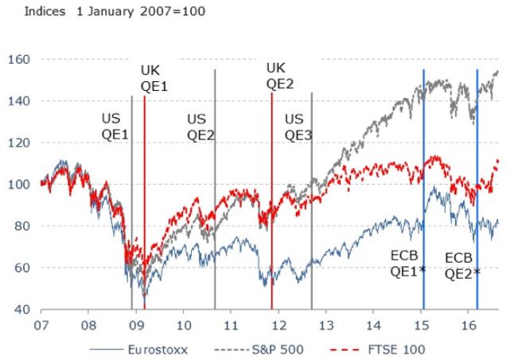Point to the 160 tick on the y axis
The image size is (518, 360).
pyautogui.click(x=19, y=59)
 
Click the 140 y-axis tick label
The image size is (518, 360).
pyautogui.click(x=19, y=101)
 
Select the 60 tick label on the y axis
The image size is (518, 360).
pyautogui.click(x=22, y=268)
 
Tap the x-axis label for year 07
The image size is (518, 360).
pyautogui.click(x=39, y=325)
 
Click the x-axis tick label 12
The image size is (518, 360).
pyautogui.click(x=277, y=325)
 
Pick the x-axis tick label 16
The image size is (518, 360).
pyautogui.click(x=469, y=325)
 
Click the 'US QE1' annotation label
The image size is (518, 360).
pyautogui.click(x=115, y=127)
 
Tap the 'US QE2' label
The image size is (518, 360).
pyautogui.click(x=201, y=127)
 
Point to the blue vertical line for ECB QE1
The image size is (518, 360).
pyautogui.click(x=423, y=159)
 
